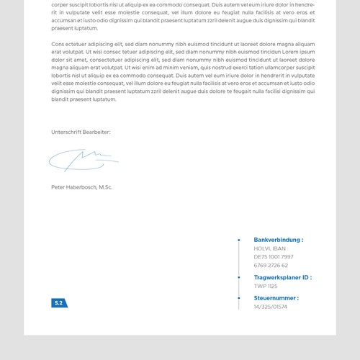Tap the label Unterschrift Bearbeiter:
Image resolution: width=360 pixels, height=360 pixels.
click(x=81, y=132)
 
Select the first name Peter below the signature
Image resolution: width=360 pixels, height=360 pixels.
click(x=58, y=187)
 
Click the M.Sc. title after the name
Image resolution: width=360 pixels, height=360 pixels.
click(x=105, y=187)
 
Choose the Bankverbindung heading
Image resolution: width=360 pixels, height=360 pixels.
click(x=278, y=240)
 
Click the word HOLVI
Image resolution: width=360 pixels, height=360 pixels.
click(x=262, y=248)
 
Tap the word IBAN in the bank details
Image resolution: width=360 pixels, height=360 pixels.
click(x=279, y=248)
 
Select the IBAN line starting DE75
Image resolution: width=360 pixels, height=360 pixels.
click(x=274, y=256)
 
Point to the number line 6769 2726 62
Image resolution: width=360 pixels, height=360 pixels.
click(x=271, y=265)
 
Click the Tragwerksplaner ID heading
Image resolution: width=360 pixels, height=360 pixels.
click(x=282, y=277)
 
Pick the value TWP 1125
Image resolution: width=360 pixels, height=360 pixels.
click(x=265, y=286)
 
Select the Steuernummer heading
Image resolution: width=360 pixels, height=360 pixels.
click(x=276, y=298)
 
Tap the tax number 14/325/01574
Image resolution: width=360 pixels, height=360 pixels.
click(x=270, y=307)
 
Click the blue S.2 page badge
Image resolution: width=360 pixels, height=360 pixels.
click(x=59, y=303)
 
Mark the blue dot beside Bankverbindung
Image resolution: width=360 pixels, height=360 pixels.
click(x=239, y=240)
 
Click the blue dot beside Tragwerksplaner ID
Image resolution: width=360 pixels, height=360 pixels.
click(x=239, y=277)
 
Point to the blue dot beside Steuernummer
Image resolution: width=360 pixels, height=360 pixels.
click(x=239, y=298)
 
